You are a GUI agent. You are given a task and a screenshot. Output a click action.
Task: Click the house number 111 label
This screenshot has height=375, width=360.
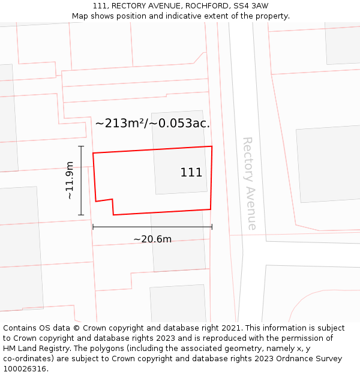(191, 173)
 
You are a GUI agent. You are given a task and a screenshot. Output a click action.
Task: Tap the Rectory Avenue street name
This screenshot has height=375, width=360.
(249, 183)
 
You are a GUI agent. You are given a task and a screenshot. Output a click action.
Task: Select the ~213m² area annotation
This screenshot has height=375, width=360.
(152, 124)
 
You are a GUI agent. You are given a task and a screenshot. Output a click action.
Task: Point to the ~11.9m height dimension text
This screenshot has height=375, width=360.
(70, 180)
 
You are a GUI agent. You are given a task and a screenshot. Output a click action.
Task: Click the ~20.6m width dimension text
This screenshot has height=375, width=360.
(152, 239)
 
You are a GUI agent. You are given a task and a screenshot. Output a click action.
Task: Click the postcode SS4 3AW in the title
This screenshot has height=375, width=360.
(252, 6)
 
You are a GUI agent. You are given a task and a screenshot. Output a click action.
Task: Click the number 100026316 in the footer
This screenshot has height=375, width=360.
(24, 369)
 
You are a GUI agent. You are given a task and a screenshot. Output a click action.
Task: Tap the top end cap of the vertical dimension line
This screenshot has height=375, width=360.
(81, 146)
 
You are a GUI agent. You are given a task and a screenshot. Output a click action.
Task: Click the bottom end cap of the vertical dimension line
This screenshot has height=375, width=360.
(81, 215)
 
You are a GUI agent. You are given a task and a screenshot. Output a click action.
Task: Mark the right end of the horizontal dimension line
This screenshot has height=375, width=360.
(212, 227)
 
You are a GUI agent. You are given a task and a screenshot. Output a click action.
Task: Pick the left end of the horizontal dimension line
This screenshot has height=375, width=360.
(93, 227)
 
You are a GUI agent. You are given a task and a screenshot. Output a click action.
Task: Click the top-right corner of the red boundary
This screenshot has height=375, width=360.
(212, 146)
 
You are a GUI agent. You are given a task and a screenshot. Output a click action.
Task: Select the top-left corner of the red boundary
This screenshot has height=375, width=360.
(93, 153)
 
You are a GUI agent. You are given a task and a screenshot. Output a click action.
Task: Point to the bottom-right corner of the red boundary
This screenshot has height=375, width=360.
(210, 209)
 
